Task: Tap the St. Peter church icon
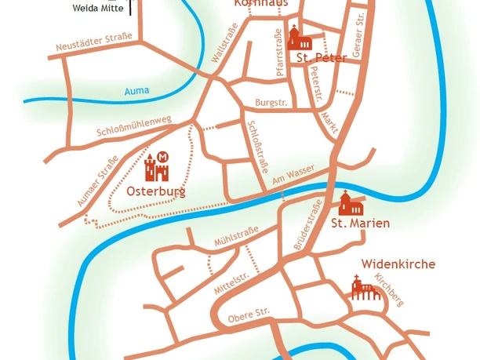296,38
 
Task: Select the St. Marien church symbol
349,203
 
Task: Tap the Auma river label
136,92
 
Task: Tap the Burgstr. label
271,103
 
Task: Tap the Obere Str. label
248,315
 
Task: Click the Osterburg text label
156,191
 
